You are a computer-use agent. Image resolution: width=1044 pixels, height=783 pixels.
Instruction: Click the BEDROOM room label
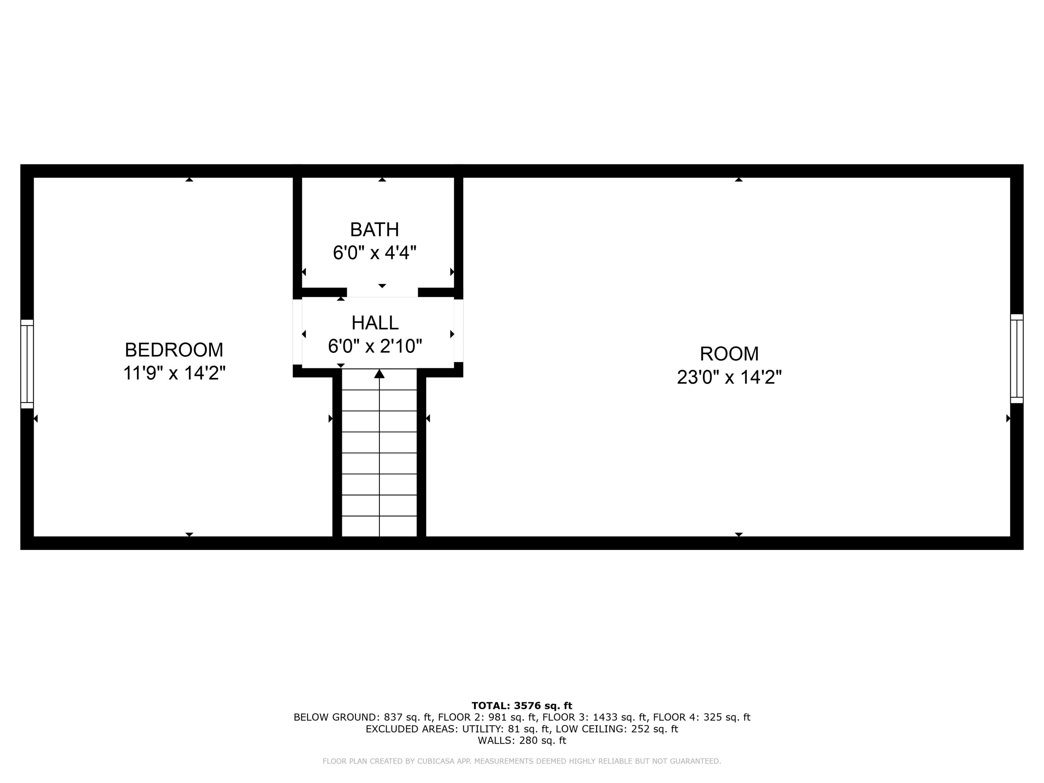(x=174, y=350)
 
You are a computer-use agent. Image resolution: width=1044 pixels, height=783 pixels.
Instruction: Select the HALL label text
(x=375, y=323)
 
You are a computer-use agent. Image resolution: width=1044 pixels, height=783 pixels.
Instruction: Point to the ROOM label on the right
(x=729, y=354)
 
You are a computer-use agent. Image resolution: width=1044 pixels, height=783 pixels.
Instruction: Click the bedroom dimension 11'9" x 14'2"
(x=174, y=373)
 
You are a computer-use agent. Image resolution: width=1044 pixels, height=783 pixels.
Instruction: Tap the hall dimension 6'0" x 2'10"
(x=375, y=346)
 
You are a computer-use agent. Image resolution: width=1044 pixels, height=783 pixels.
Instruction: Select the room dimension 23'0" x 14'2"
(x=729, y=377)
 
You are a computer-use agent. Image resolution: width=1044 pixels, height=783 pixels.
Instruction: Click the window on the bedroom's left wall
(x=27, y=364)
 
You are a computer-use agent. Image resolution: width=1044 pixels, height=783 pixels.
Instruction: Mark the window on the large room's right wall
(x=1017, y=359)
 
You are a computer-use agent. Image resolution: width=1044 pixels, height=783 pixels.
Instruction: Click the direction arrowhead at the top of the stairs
(x=379, y=374)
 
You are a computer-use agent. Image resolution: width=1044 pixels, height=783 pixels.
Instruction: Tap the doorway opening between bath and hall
(x=382, y=293)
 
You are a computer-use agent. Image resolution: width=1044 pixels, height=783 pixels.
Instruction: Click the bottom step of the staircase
(x=379, y=526)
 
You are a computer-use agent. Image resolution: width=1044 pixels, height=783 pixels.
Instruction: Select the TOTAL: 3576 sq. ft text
(x=522, y=706)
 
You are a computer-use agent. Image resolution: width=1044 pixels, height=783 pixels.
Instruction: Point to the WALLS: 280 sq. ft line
(x=522, y=741)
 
